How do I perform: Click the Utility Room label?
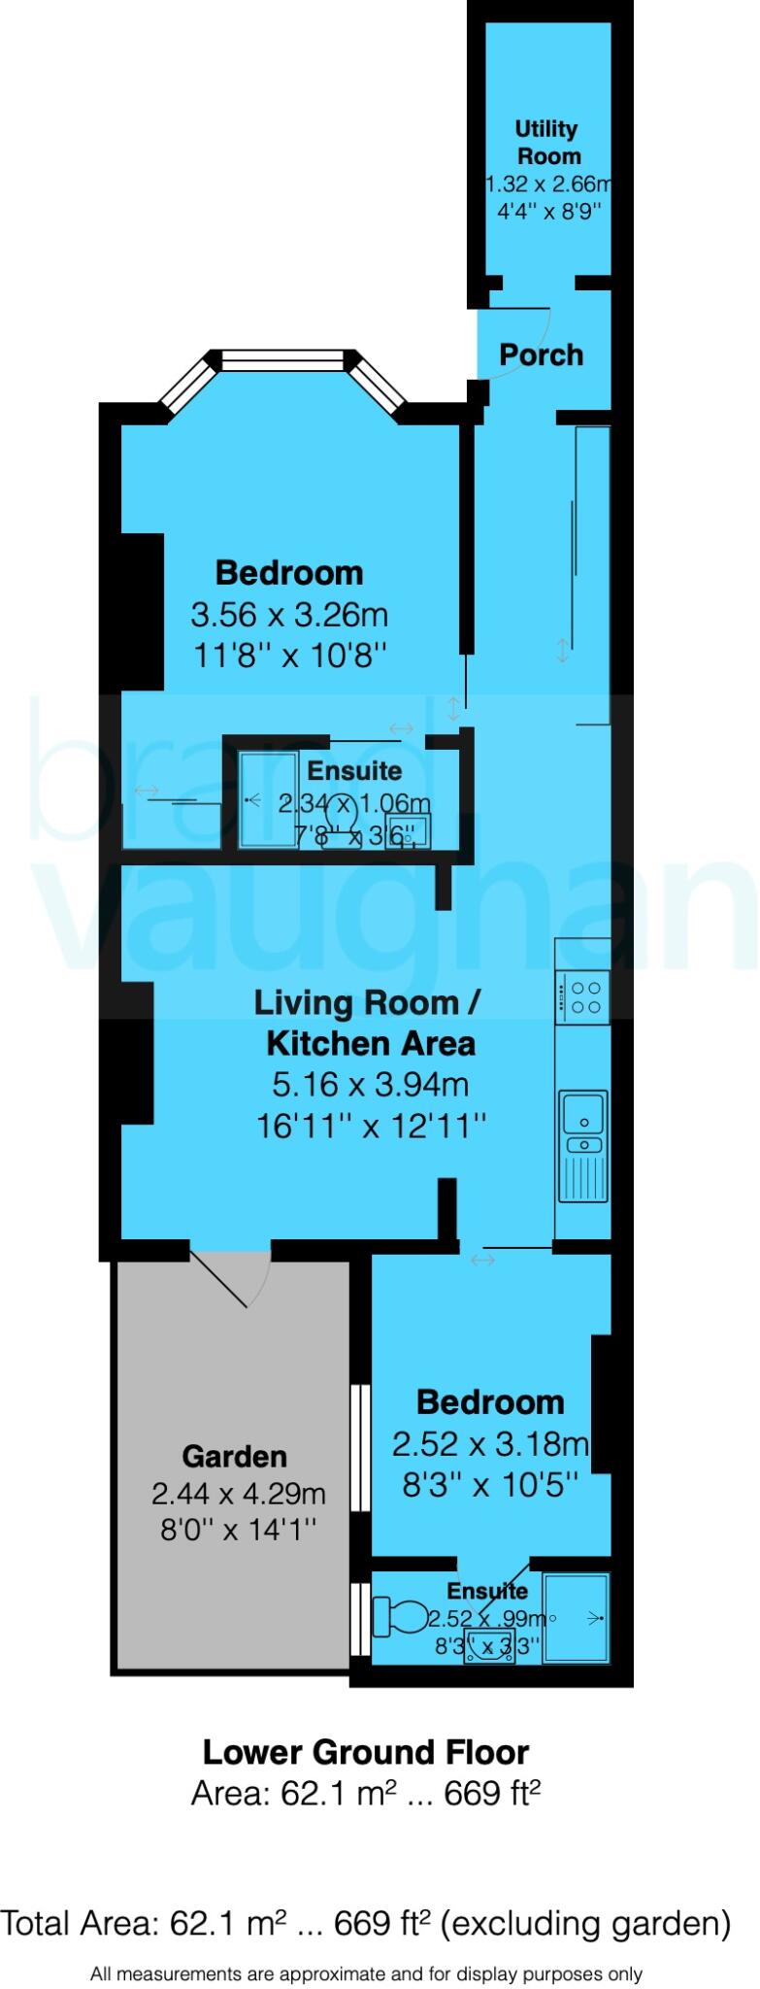point(547,142)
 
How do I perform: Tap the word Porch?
point(541,354)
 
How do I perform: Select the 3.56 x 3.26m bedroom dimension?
point(289,615)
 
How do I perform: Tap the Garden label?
point(235,1456)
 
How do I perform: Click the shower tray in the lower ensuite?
point(577,1617)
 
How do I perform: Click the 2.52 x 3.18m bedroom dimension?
point(490,1444)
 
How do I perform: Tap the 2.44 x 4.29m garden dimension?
point(239,1493)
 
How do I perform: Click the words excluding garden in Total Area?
point(586,1922)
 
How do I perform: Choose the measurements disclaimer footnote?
point(366,1973)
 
